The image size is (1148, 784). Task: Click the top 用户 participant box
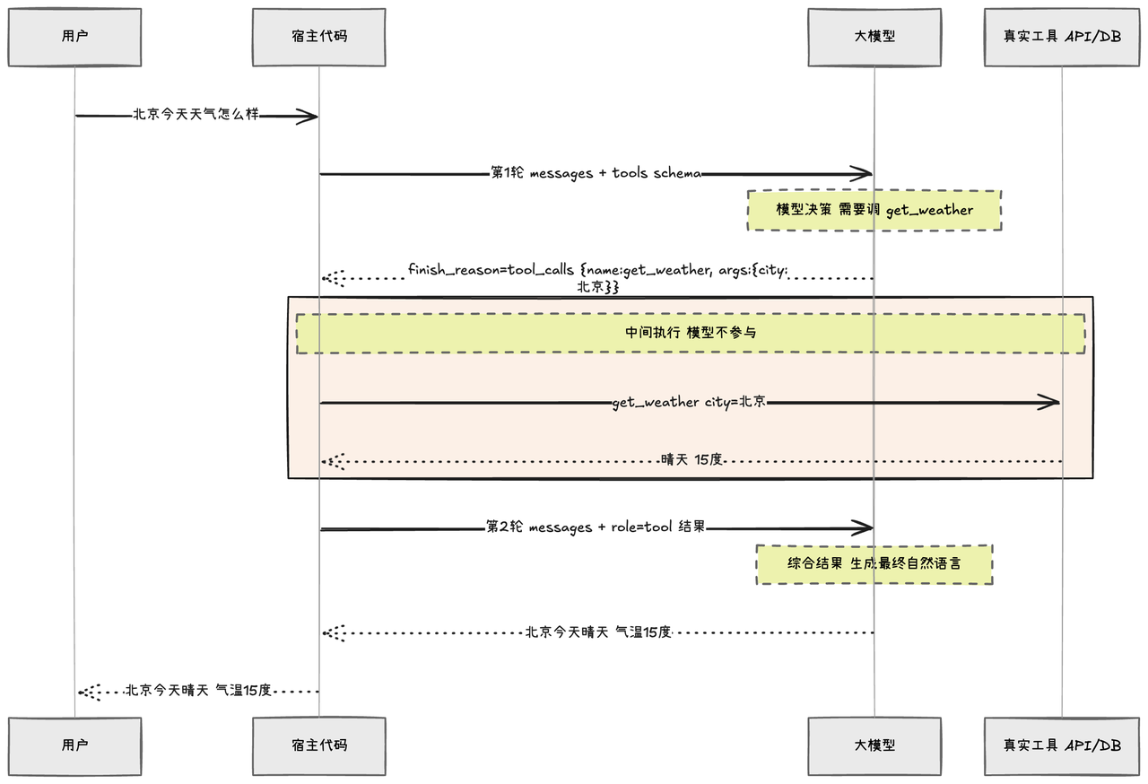pyautogui.click(x=74, y=37)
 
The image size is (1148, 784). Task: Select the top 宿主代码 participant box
pyautogui.click(x=318, y=37)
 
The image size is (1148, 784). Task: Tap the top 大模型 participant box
pyautogui.click(x=874, y=37)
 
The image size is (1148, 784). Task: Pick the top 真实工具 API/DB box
pyautogui.click(x=1062, y=37)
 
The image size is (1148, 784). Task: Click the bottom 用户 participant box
pyautogui.click(x=74, y=746)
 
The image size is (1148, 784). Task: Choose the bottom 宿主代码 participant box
pyautogui.click(x=318, y=746)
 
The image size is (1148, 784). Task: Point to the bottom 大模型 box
pyautogui.click(x=874, y=746)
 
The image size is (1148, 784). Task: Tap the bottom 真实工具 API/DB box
pyautogui.click(x=1062, y=746)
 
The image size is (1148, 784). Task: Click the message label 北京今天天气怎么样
pyautogui.click(x=196, y=114)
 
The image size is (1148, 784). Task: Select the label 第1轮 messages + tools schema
pyautogui.click(x=596, y=173)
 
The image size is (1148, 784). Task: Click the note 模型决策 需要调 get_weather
pyautogui.click(x=874, y=210)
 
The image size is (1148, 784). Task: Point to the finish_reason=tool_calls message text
pyautogui.click(x=597, y=278)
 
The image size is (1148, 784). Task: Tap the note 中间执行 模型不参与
pyautogui.click(x=691, y=334)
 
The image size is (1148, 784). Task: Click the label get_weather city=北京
pyautogui.click(x=690, y=402)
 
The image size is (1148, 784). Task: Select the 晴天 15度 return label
pyautogui.click(x=691, y=459)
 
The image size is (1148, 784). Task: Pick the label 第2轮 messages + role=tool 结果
pyautogui.click(x=596, y=527)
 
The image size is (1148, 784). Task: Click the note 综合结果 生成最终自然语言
pyautogui.click(x=874, y=564)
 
